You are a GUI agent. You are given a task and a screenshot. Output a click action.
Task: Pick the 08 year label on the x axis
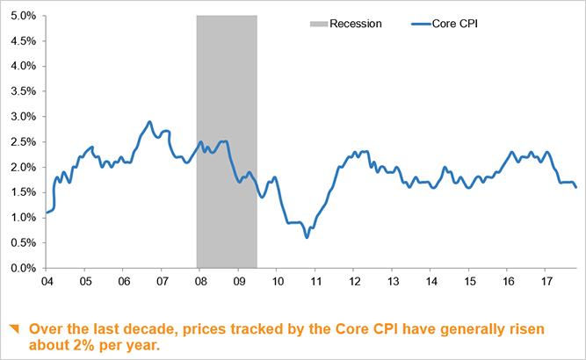tap(199, 282)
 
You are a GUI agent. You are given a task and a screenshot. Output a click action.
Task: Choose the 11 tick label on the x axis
tap(315, 282)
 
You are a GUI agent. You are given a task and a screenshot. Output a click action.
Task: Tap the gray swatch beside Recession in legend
tap(318, 24)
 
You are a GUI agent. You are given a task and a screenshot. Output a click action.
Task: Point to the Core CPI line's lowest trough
tap(307, 237)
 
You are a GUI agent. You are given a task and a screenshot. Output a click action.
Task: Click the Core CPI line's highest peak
tap(149, 122)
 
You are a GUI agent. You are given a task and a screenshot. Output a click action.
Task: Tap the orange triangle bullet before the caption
tap(13, 329)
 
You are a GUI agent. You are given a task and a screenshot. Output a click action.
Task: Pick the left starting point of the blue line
tap(46, 212)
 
